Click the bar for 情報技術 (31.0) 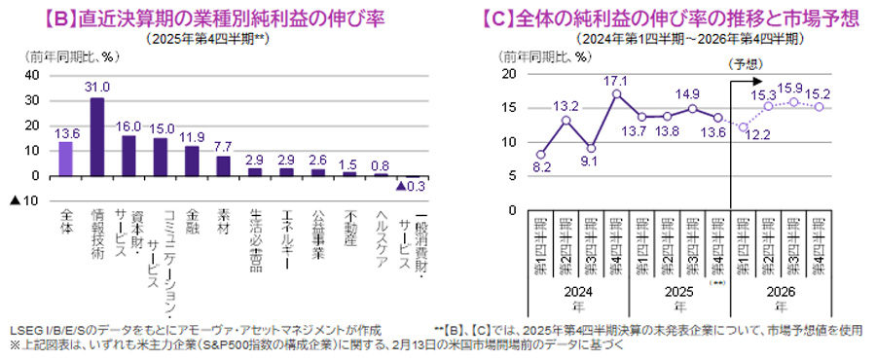click(x=97, y=137)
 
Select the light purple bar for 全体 click(x=66, y=159)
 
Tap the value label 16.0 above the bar click(x=128, y=126)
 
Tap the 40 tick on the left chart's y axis click(x=31, y=75)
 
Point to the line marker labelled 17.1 click(x=616, y=93)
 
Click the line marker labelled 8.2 click(x=540, y=154)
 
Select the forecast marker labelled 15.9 click(x=795, y=101)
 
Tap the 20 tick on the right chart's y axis click(x=508, y=74)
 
